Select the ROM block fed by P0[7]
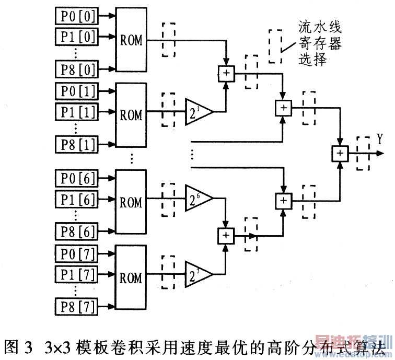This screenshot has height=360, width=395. point(131,277)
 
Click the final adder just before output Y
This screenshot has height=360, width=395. point(340,153)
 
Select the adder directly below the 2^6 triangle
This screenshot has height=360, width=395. point(226,236)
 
